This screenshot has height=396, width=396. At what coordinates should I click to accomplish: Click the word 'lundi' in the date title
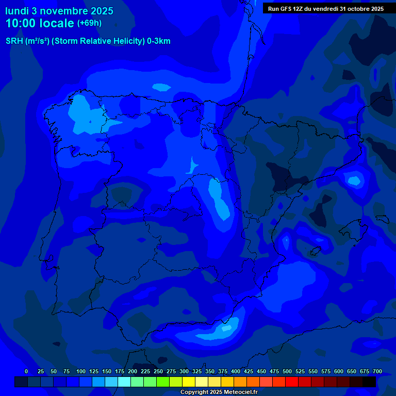(17, 11)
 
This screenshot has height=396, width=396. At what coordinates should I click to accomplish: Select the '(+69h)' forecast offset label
(89, 23)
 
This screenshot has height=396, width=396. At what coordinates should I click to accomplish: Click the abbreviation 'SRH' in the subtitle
(14, 41)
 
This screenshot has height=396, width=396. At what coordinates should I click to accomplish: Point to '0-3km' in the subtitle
(159, 41)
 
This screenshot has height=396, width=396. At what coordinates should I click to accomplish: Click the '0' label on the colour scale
(26, 371)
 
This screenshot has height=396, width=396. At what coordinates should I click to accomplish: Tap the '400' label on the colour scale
(236, 371)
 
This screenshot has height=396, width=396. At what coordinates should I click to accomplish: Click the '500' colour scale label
(287, 371)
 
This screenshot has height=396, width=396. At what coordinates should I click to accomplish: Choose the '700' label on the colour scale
(377, 371)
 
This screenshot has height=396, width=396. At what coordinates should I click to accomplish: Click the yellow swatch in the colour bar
(189, 382)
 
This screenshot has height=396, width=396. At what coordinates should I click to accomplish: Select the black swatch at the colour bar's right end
(369, 382)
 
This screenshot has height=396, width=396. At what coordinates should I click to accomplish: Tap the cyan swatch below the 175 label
(124, 382)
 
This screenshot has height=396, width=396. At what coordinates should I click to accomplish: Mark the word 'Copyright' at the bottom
(194, 392)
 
